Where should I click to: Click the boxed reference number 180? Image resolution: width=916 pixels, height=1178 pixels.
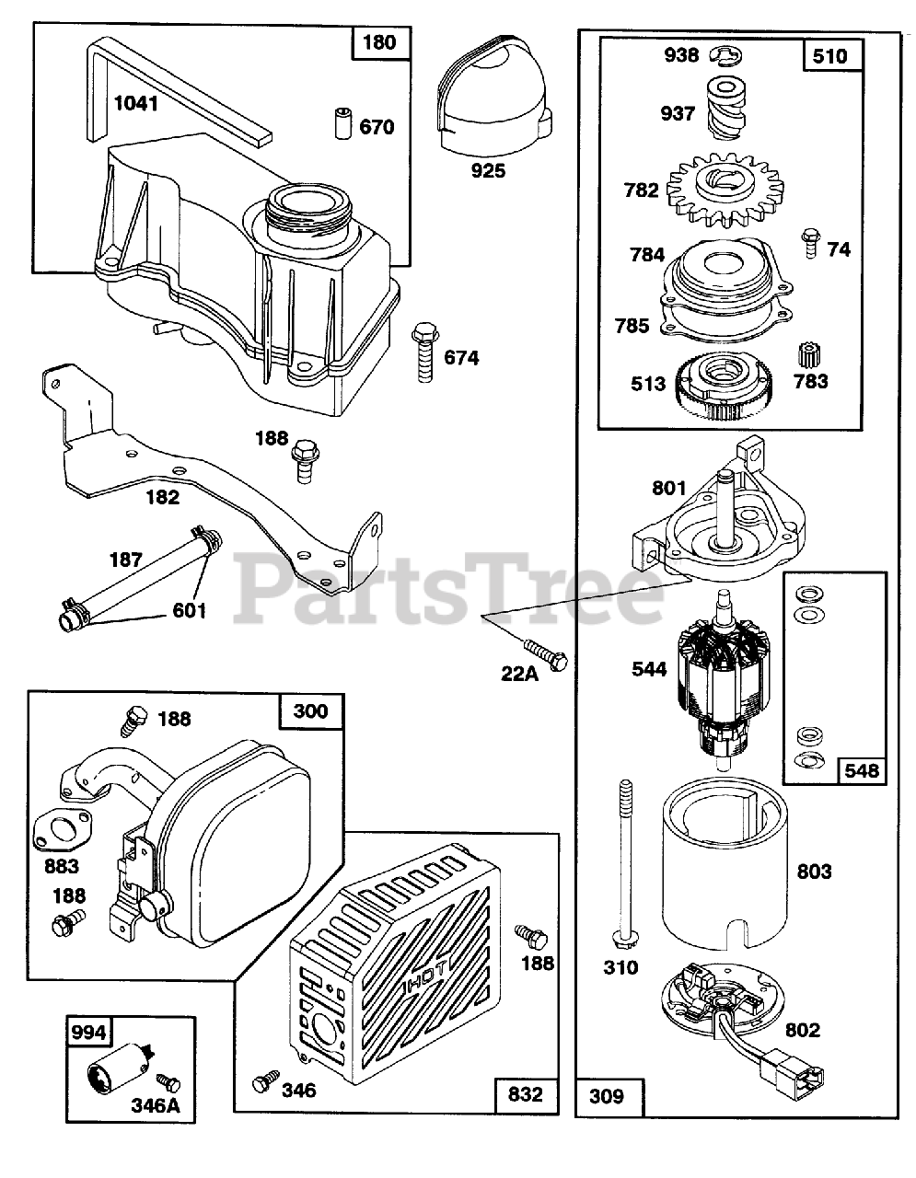pyautogui.click(x=379, y=42)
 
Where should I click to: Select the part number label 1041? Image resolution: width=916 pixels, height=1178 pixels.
pyautogui.click(x=135, y=103)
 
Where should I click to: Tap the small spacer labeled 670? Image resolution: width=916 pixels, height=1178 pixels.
pyautogui.click(x=342, y=122)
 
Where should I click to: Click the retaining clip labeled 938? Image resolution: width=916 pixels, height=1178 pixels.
pyautogui.click(x=725, y=58)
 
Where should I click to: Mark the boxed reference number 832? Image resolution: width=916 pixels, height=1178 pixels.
pyautogui.click(x=525, y=1094)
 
